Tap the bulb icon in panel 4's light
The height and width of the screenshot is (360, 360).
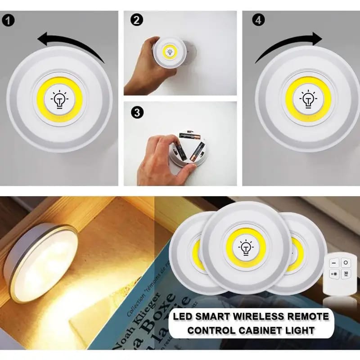(308, 99)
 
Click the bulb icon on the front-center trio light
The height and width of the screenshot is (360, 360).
(245, 247)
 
